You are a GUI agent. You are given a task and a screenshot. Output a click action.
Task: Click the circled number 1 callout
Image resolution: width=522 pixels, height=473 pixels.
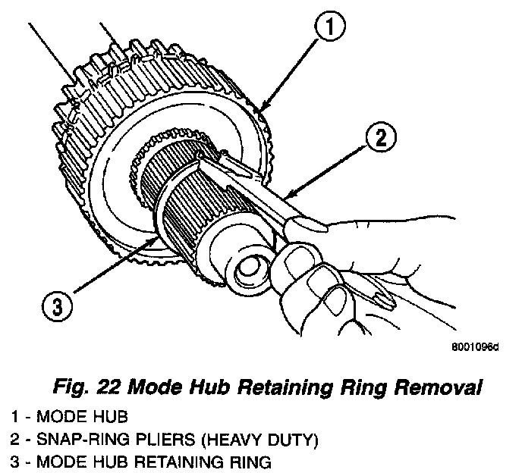pos(328,31)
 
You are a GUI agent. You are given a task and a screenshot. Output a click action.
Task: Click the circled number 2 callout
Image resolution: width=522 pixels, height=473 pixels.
pos(379,139)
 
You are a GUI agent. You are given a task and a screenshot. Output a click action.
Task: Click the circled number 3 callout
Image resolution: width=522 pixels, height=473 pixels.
pos(58,308)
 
